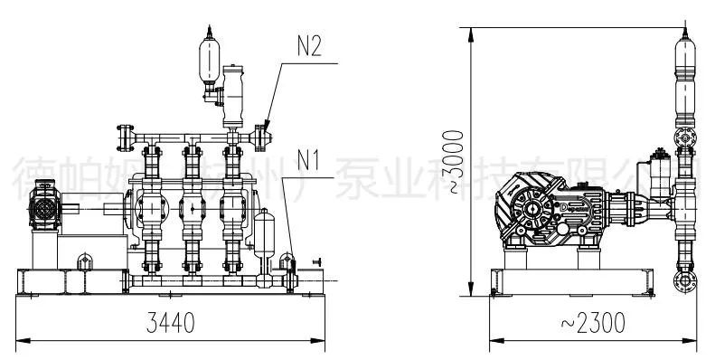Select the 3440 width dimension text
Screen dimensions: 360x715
coord(170,325)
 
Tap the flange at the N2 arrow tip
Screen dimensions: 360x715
coord(262,137)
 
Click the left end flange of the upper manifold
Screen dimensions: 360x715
coord(122,137)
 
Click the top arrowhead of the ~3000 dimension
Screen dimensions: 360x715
coord(471,31)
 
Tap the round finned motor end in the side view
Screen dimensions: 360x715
coord(529,207)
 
